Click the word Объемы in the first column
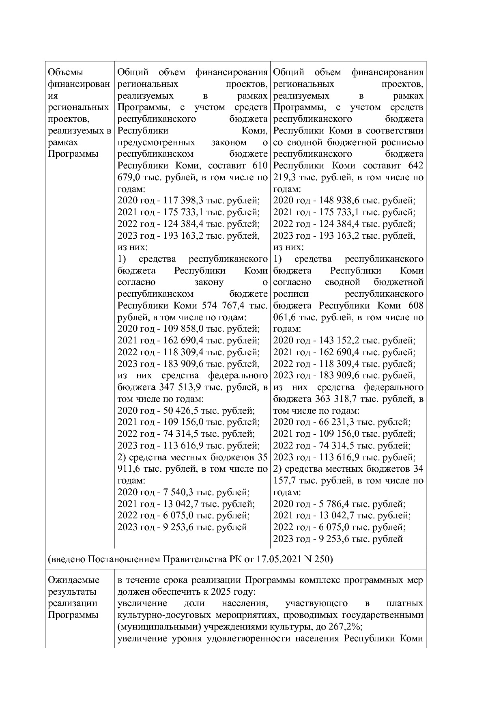click(65, 72)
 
